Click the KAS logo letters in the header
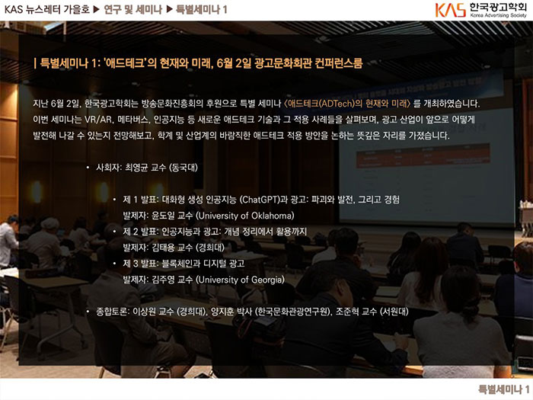(450, 10)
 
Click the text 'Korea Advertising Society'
(498, 16)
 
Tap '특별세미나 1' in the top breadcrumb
(202, 9)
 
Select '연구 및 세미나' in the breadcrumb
(133, 9)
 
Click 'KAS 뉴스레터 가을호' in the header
(47, 9)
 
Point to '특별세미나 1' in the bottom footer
(504, 389)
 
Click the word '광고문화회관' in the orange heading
(282, 63)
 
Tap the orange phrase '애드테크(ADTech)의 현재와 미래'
(347, 104)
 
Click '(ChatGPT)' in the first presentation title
(260, 200)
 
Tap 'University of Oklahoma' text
(245, 216)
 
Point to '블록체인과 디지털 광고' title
(203, 264)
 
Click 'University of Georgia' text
(241, 280)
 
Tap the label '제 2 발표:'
(141, 232)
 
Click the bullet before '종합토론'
(88, 311)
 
